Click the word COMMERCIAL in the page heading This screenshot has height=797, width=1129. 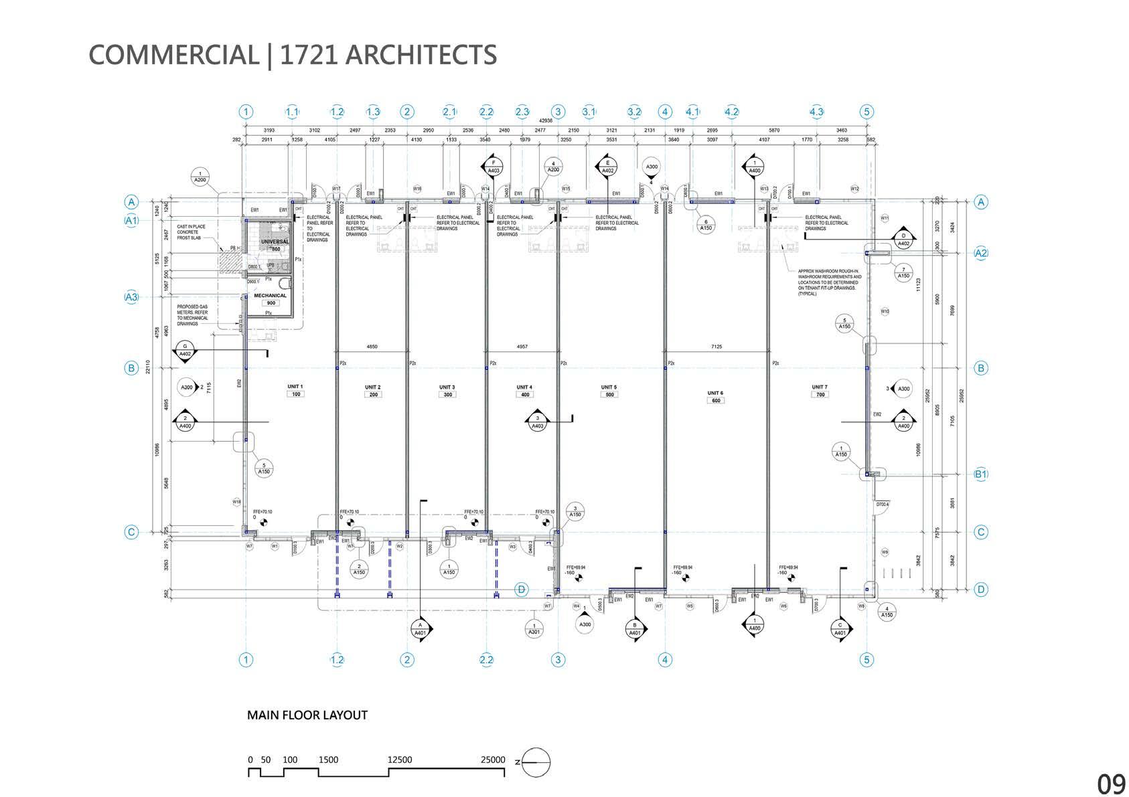tap(173, 54)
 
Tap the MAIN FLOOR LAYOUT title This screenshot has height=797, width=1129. tap(307, 715)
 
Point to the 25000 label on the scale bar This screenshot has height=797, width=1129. tap(493, 760)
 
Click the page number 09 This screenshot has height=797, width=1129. tap(1110, 782)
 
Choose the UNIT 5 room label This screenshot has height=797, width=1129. tap(609, 387)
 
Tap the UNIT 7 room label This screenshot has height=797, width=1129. tap(819, 387)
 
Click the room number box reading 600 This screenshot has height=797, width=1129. tap(715, 400)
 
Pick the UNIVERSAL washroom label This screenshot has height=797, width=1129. tap(275, 241)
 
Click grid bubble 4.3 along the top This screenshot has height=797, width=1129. tap(816, 112)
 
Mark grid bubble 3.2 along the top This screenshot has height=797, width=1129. tap(634, 112)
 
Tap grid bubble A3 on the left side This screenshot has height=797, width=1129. tap(131, 296)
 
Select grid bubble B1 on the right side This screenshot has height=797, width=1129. tap(981, 474)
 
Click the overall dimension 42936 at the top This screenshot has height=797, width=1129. tap(546, 121)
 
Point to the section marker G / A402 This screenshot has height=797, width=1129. tap(185, 351)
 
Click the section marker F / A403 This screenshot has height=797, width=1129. tap(494, 167)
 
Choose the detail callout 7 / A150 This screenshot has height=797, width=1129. tap(903, 272)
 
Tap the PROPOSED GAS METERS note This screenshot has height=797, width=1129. tap(193, 316)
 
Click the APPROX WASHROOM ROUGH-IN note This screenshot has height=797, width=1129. tap(830, 282)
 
